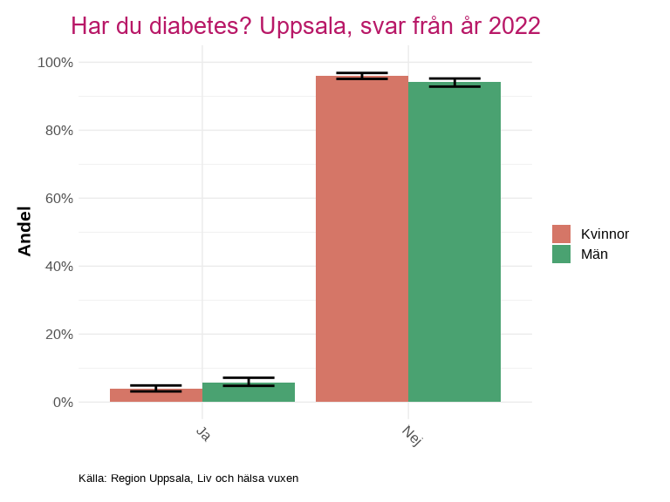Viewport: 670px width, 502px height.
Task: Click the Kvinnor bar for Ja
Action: tap(156, 396)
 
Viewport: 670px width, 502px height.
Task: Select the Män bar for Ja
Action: tap(249, 393)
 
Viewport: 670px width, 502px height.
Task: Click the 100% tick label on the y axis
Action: tap(55, 63)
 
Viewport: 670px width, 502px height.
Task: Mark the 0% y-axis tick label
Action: tap(61, 403)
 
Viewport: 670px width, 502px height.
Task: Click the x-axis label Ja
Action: tap(203, 433)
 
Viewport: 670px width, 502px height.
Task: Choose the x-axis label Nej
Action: tap(411, 436)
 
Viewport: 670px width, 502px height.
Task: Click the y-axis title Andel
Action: tap(24, 231)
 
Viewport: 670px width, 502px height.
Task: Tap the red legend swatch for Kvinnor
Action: tap(561, 234)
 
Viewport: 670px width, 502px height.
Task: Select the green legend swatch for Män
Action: tap(561, 254)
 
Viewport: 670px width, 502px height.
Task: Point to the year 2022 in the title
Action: tap(514, 26)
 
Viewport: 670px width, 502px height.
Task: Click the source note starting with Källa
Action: tap(188, 478)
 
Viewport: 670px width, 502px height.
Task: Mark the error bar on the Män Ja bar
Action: tap(249, 382)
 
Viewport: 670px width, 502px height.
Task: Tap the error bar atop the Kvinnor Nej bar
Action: tap(362, 76)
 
